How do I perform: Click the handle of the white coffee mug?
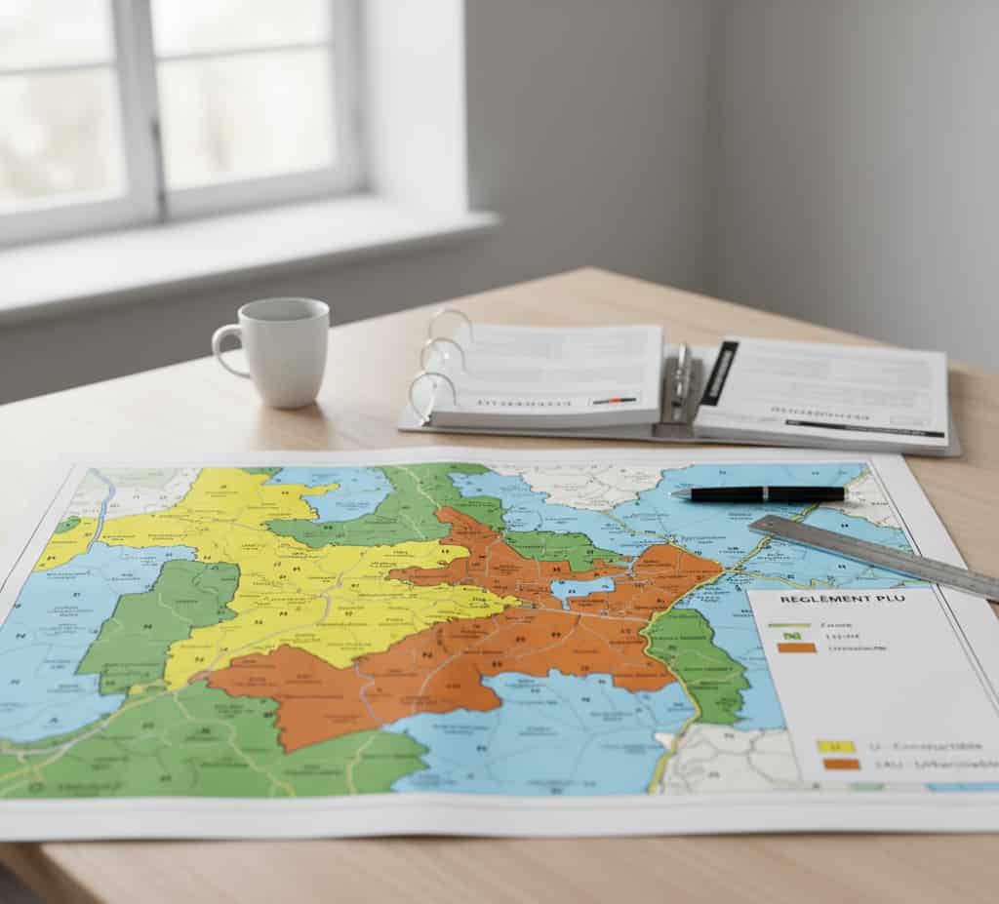225,349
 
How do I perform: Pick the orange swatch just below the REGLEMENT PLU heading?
797,649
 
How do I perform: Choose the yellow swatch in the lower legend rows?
836,746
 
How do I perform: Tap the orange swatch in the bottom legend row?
841,765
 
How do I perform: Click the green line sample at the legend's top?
789,624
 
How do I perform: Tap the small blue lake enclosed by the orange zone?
581,588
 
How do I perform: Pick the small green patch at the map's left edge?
66,525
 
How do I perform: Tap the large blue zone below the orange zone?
546,731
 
